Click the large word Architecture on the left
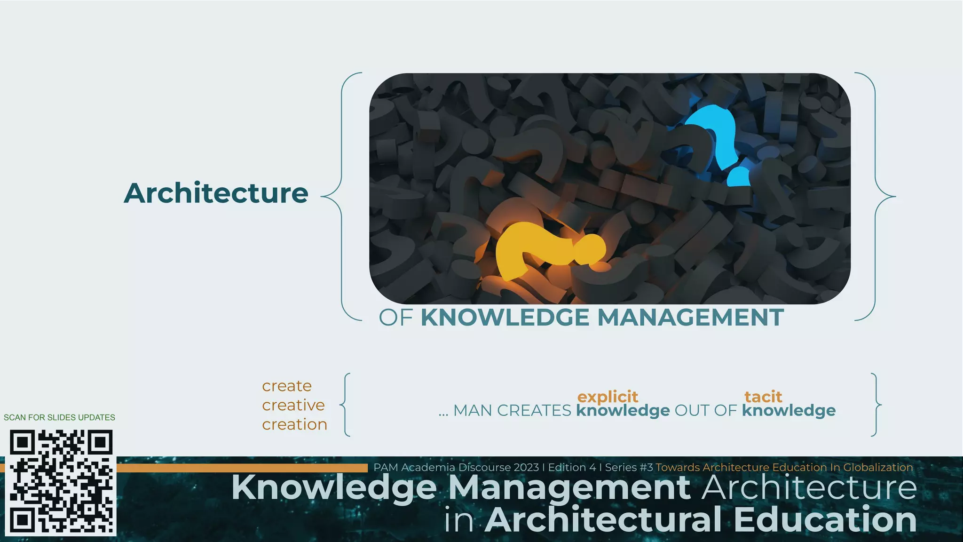point(216,193)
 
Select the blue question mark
point(715,136)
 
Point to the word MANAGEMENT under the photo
point(690,318)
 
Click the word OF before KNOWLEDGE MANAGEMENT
point(396,318)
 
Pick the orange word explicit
point(608,396)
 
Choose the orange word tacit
point(763,396)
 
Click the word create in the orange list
point(287,386)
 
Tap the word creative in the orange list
point(293,405)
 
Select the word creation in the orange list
point(294,424)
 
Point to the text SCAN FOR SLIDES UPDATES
point(59,417)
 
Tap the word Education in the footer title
point(825,520)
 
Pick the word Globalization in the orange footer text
point(878,468)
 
